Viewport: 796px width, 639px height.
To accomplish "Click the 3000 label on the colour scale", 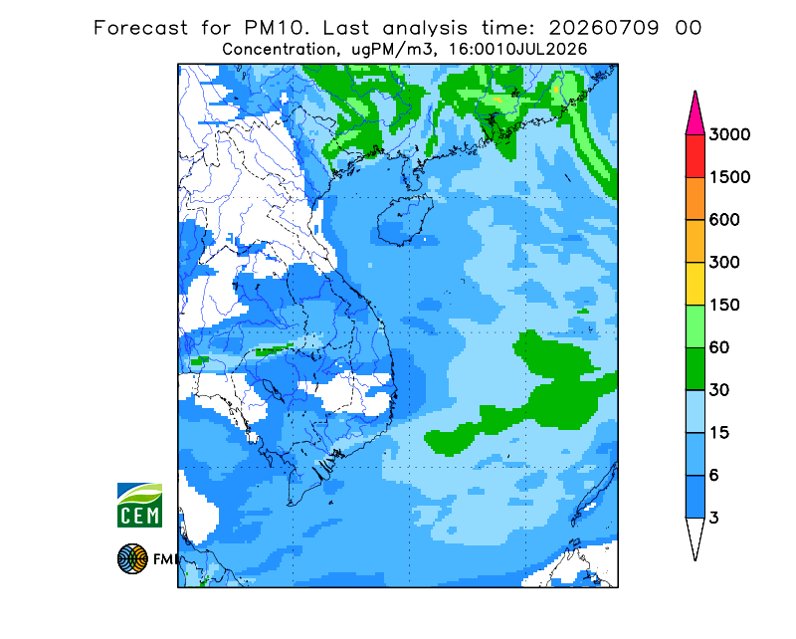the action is (x=729, y=134).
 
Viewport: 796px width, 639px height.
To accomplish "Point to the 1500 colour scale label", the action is (x=729, y=177).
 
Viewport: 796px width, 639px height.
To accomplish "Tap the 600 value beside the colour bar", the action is (x=724, y=220).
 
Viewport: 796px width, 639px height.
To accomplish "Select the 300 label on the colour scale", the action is (x=724, y=263).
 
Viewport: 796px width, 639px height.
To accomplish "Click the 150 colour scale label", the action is (x=724, y=306).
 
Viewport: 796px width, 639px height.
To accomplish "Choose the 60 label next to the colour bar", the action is (x=719, y=348).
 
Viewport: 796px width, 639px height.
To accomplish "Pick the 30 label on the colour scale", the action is (x=719, y=390).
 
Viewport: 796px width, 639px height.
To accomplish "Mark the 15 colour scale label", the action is (x=719, y=433).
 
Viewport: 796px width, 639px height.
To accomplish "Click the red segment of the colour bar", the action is (x=695, y=156).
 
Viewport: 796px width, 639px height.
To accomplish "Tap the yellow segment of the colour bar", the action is (x=695, y=284).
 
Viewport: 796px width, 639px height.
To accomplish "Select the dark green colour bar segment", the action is (x=695, y=369).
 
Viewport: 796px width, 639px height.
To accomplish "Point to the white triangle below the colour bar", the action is (x=695, y=537).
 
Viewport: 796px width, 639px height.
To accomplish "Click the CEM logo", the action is (x=139, y=505).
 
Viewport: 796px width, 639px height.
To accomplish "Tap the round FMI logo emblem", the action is (x=132, y=558).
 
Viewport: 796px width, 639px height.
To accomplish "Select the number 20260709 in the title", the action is (x=604, y=28).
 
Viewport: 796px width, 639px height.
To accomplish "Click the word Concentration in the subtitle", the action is (x=279, y=50).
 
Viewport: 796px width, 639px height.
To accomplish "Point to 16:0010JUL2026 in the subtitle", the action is (x=517, y=50).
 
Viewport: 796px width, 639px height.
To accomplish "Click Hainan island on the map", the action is (x=405, y=220).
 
